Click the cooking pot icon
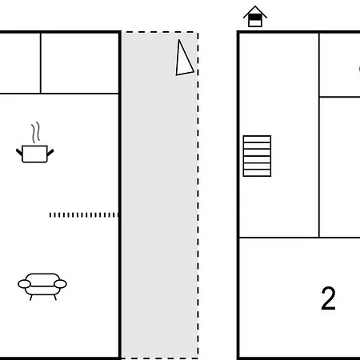34,154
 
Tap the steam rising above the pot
36,133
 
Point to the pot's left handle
19,152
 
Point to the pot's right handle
50,152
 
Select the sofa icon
42,286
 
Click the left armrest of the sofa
24,284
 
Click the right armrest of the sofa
60,284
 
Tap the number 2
328,298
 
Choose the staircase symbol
257,156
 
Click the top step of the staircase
257,139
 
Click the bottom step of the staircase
257,173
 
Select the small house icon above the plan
255,17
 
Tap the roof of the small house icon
255,11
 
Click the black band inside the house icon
255,18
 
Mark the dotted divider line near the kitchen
84,215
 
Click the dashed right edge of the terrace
198,195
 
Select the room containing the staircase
279,135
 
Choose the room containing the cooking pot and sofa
59,226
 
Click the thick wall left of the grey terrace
120,195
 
